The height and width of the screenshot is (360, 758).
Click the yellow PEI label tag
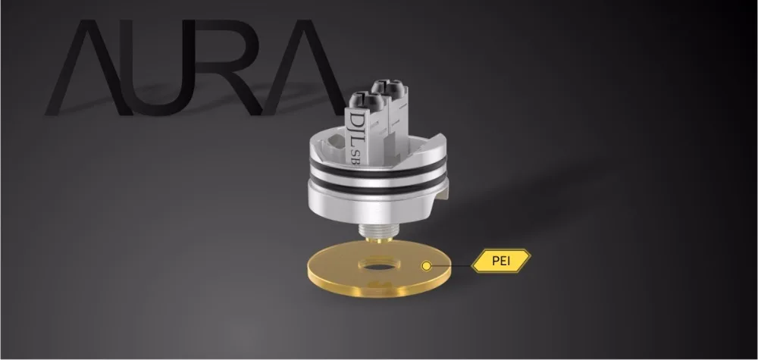501,261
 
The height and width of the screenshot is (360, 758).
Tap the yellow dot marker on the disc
426,266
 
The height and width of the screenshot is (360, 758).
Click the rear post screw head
387,86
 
